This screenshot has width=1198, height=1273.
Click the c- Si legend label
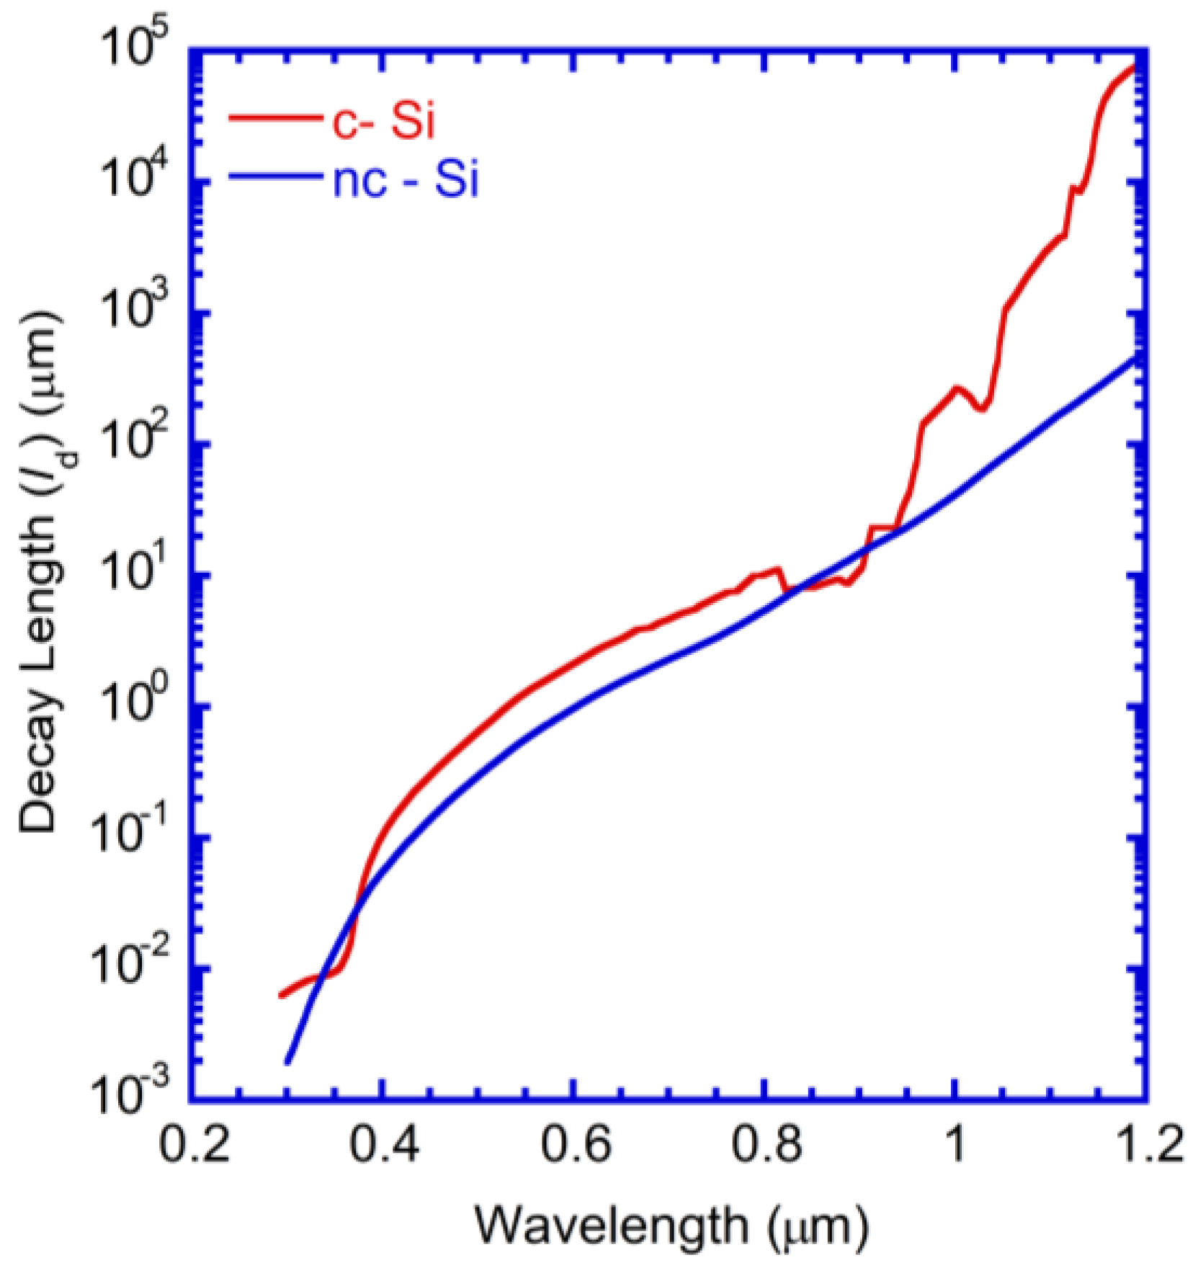(383, 120)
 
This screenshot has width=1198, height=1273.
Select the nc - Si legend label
(405, 180)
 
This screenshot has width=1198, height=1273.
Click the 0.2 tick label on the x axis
(194, 1144)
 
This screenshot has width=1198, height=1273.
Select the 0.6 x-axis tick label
(576, 1144)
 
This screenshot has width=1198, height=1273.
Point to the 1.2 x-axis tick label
(1148, 1144)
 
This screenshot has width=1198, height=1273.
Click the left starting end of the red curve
(281, 996)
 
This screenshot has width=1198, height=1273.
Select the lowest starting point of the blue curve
(287, 1062)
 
